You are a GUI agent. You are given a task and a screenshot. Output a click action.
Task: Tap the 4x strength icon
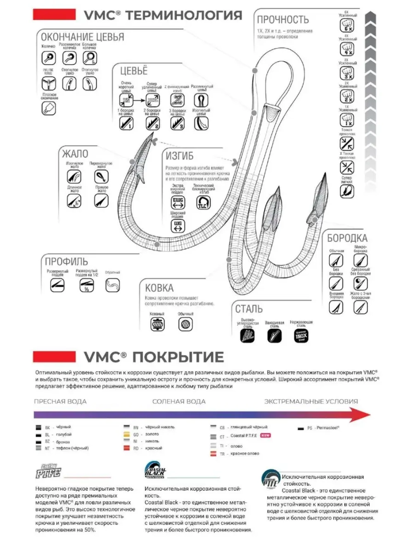[x=346, y=50]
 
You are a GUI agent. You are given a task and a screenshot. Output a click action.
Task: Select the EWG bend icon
[x=178, y=202]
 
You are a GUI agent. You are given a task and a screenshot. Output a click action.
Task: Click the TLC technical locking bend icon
[x=203, y=203]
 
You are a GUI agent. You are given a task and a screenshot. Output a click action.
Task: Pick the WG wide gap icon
[x=178, y=226]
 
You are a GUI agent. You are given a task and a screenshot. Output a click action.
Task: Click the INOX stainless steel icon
[x=301, y=336]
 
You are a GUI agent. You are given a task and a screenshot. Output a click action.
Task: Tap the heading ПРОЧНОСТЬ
[x=282, y=19]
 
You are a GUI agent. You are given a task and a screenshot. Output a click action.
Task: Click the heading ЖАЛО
[x=75, y=154]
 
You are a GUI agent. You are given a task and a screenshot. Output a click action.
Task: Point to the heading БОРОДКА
[x=347, y=238]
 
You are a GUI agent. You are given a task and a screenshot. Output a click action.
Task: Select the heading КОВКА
[x=159, y=288]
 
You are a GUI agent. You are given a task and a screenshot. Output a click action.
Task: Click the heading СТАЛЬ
[x=249, y=309]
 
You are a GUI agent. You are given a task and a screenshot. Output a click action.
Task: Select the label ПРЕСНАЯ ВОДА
[x=60, y=401]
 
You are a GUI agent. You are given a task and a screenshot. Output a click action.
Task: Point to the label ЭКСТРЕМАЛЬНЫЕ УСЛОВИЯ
[x=311, y=401]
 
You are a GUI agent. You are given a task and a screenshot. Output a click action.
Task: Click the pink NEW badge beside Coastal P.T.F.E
[x=265, y=436]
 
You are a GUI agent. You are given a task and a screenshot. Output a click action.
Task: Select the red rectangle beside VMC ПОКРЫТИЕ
[x=54, y=357]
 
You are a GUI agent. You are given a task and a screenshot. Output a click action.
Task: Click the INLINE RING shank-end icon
[x=48, y=83]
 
